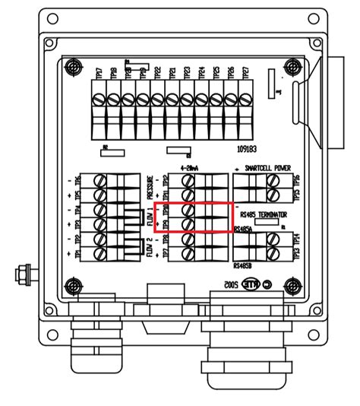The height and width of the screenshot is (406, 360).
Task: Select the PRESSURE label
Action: click(x=150, y=188)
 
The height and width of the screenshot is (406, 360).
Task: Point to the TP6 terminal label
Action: click(x=79, y=182)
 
